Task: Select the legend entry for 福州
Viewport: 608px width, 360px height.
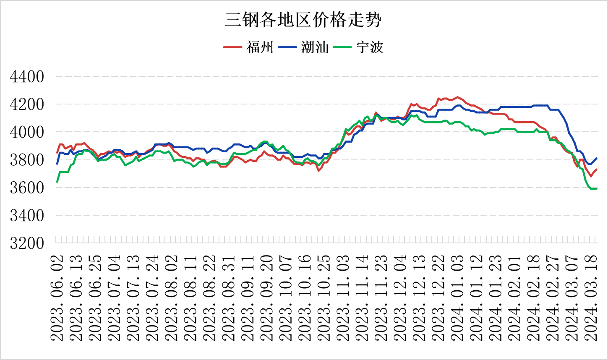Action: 260,47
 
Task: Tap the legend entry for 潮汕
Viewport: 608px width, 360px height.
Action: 315,47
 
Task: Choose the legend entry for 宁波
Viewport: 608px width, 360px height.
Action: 370,47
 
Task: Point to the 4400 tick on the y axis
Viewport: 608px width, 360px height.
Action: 27,77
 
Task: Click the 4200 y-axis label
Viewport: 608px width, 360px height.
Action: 27,104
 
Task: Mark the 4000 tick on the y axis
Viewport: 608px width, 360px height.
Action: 27,132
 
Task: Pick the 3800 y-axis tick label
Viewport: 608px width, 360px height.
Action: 27,160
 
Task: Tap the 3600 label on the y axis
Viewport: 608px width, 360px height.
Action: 27,188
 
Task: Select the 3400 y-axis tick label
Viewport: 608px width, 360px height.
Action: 27,215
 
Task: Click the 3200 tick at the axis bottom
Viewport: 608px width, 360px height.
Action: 27,243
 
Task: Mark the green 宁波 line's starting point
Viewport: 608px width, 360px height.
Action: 57,182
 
